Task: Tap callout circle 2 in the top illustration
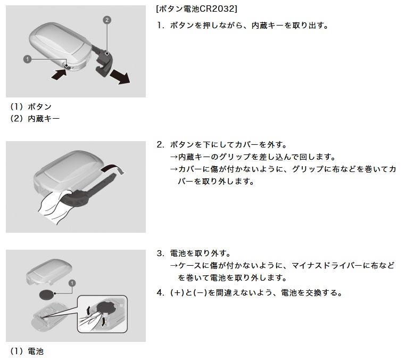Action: coord(107,20)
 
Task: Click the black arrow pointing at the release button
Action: coord(57,75)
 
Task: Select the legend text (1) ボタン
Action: coord(31,107)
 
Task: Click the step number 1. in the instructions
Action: coord(160,26)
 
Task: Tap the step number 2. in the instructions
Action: coord(160,145)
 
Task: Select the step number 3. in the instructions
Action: coord(160,253)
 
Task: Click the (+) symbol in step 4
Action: coord(176,293)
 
